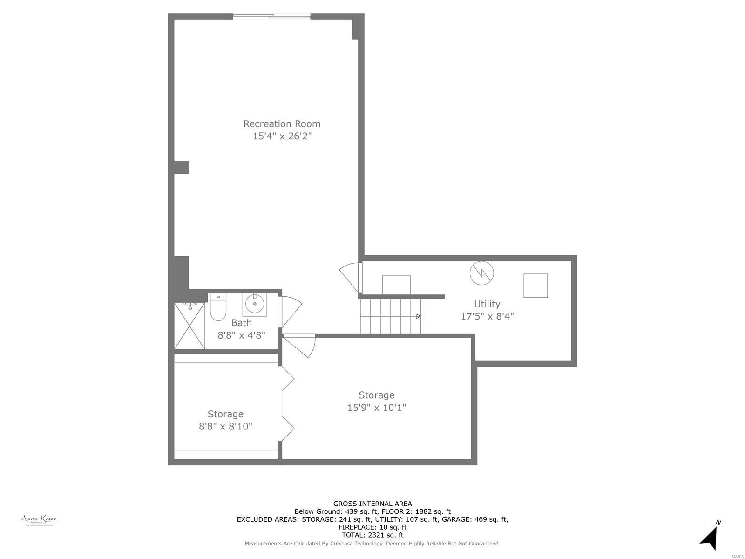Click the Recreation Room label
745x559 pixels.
tap(282, 124)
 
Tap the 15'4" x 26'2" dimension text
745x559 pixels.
tap(282, 136)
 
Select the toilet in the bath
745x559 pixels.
tap(217, 307)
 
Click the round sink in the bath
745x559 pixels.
tap(255, 304)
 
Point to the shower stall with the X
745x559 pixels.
tap(190, 326)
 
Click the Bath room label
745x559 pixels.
tap(241, 323)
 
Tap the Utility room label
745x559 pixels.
tap(487, 304)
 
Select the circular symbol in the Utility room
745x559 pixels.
tap(481, 273)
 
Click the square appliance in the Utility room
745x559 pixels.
tap(535, 286)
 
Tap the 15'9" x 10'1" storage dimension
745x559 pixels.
tap(376, 408)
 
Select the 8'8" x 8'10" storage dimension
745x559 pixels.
tap(225, 426)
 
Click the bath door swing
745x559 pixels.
tap(290, 311)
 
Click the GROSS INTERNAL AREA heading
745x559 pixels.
tap(372, 504)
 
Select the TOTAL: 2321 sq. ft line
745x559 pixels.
tap(372, 535)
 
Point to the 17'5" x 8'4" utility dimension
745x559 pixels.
tap(487, 316)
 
